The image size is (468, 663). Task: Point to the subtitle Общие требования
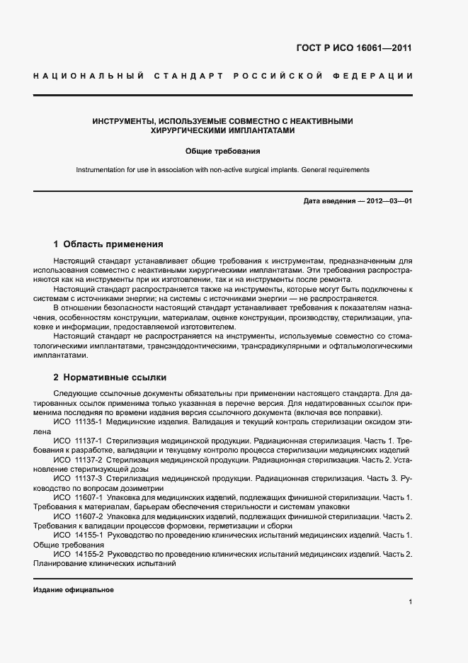click(223, 151)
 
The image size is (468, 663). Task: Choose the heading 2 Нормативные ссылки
click(110, 377)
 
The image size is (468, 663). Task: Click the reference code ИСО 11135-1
click(79, 421)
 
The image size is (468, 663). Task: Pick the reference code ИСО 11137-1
click(79, 441)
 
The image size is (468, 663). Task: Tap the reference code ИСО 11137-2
click(79, 460)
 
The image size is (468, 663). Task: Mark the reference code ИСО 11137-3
click(79, 479)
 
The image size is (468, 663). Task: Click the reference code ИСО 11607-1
click(79, 498)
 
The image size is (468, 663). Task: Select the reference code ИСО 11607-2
click(79, 517)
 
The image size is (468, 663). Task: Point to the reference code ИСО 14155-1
click(79, 536)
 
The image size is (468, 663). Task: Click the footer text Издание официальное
click(74, 590)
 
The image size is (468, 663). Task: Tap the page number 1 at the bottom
click(410, 602)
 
